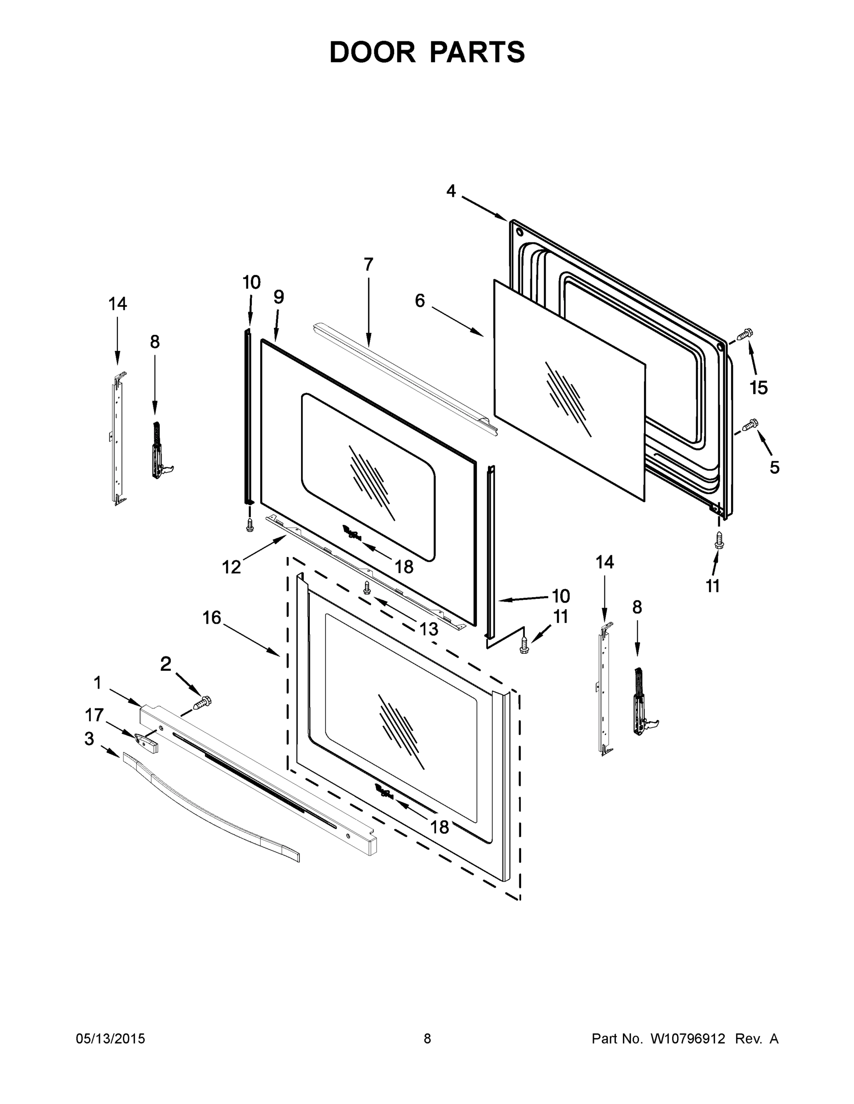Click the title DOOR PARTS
click(x=427, y=52)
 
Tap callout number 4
click(x=451, y=191)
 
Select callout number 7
click(x=368, y=264)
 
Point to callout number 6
click(x=420, y=301)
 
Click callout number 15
click(x=758, y=388)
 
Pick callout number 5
click(x=774, y=467)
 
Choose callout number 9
click(x=279, y=297)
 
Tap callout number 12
click(x=232, y=567)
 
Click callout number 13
click(x=429, y=629)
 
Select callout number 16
click(x=212, y=617)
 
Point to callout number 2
click(x=166, y=664)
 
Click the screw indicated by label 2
click(x=203, y=702)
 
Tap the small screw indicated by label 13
click(x=367, y=587)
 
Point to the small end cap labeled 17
click(x=147, y=742)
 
